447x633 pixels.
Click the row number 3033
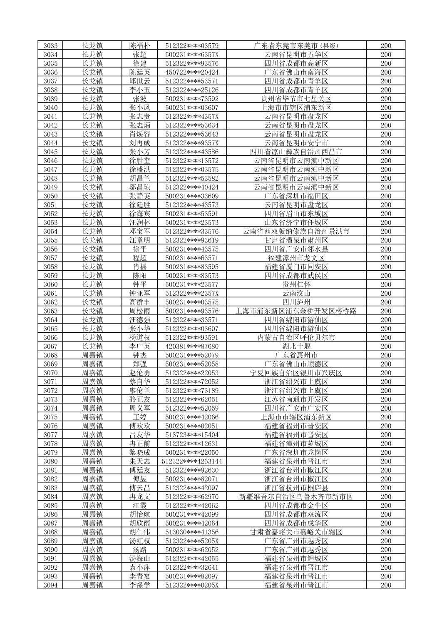[x=50, y=46]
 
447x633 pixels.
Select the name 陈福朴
[x=140, y=46]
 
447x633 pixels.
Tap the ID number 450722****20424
[x=192, y=72]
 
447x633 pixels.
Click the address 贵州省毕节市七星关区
[x=296, y=99]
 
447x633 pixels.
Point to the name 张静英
[x=140, y=196]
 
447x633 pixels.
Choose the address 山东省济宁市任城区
[x=296, y=223]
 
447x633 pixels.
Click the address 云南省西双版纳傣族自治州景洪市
[x=296, y=232]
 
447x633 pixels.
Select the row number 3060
[x=50, y=284]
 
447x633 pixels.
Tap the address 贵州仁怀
[x=296, y=284]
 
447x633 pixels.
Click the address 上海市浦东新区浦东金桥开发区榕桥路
[x=296, y=311]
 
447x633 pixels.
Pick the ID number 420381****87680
[x=192, y=346]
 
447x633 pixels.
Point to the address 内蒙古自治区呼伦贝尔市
[x=296, y=338]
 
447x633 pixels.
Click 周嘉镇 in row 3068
[x=92, y=355]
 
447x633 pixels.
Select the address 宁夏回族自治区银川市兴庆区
[x=296, y=373]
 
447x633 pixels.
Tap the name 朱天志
[x=140, y=461]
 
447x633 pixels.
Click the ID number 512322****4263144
[x=192, y=461]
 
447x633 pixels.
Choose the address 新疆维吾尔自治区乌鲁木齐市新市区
[x=296, y=497]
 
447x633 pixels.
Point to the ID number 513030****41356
[x=192, y=532]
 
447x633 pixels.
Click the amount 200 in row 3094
[x=386, y=585]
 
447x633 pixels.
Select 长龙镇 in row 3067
[x=92, y=346]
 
